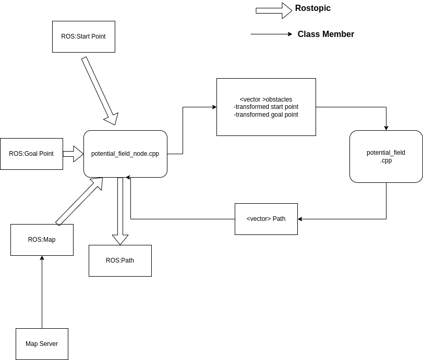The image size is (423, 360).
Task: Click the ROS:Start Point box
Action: [x=83, y=37]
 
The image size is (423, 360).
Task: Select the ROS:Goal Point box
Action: [x=31, y=154]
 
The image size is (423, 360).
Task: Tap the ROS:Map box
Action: [x=42, y=240]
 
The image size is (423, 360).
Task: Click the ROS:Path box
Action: [x=120, y=260]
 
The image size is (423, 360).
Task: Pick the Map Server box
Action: [x=42, y=344]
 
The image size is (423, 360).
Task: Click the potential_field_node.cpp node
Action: [x=125, y=154]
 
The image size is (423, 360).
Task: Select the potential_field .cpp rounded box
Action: [x=386, y=156]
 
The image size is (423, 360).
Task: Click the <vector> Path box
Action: [x=266, y=219]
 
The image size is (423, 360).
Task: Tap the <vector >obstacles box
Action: [x=266, y=107]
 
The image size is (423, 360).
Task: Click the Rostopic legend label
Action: [x=312, y=8]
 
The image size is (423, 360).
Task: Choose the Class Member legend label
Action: [x=325, y=34]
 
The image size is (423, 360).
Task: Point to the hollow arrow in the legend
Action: [x=273, y=10]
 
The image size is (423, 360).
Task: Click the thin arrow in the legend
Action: [x=271, y=34]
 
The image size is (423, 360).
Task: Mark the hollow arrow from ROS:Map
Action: [x=79, y=201]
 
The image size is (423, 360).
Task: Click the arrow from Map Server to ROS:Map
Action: [x=42, y=292]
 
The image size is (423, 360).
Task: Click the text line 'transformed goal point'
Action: [x=266, y=115]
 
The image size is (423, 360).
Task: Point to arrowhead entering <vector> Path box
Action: [x=300, y=219]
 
